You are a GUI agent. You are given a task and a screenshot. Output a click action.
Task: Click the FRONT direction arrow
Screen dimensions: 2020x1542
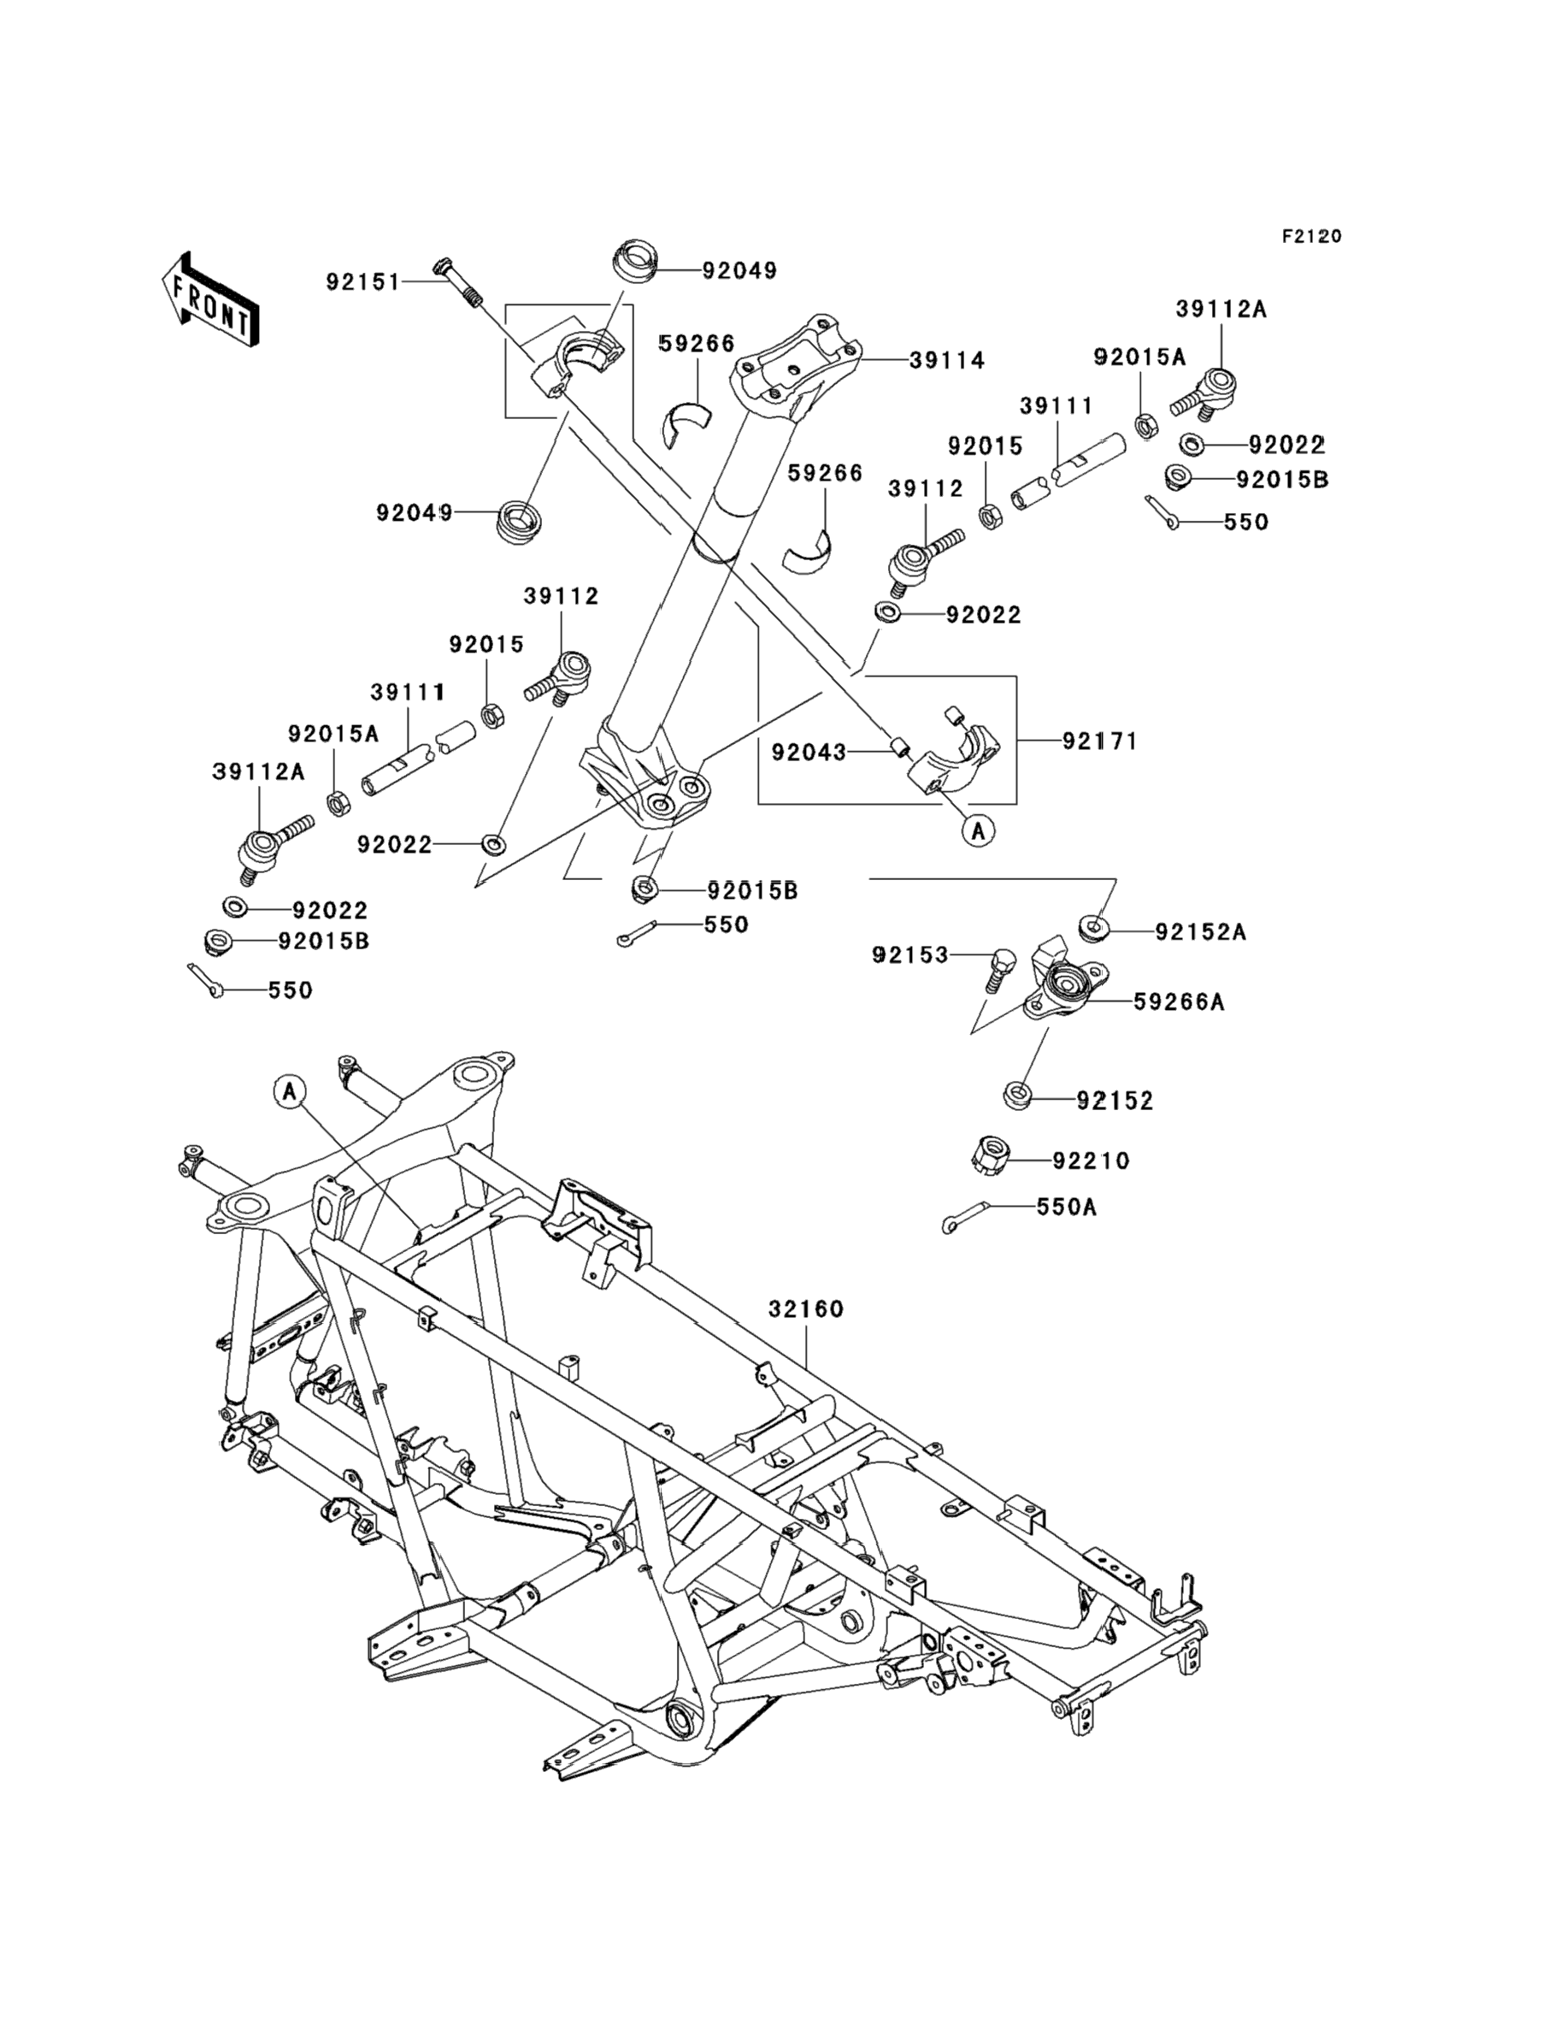tap(210, 300)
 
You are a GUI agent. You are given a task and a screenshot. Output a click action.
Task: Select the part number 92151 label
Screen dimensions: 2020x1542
tap(363, 282)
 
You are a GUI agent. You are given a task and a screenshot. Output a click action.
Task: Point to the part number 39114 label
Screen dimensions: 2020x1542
tap(947, 361)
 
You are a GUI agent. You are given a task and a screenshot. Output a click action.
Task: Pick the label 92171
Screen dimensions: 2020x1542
tap(1099, 741)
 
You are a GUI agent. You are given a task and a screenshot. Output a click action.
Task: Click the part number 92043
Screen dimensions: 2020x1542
tap(809, 752)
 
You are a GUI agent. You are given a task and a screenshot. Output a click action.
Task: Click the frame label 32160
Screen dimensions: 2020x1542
tap(806, 1308)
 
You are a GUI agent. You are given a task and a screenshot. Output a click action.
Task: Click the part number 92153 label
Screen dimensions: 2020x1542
tap(909, 956)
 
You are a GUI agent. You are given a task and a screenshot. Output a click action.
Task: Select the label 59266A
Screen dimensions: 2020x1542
tap(1179, 1001)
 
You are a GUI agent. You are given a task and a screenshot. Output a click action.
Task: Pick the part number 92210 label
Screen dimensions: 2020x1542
tap(1091, 1161)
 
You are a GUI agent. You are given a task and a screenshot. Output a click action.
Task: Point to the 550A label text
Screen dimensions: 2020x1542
tap(1067, 1208)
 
